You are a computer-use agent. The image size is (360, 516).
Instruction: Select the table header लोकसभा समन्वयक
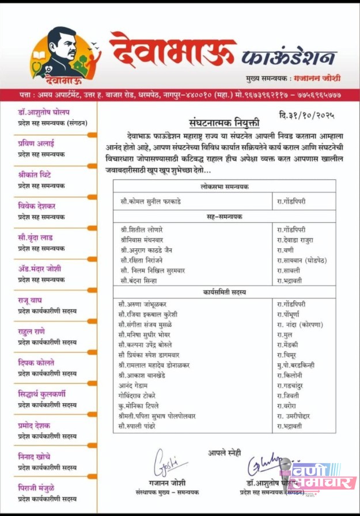coord(225,187)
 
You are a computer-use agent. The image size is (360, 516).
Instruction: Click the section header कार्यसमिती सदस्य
coord(225,292)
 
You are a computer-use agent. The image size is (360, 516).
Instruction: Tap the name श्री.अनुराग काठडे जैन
coord(147,249)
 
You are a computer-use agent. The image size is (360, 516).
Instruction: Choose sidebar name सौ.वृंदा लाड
coord(35,237)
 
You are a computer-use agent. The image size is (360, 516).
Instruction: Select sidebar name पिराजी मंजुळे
coord(36,488)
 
